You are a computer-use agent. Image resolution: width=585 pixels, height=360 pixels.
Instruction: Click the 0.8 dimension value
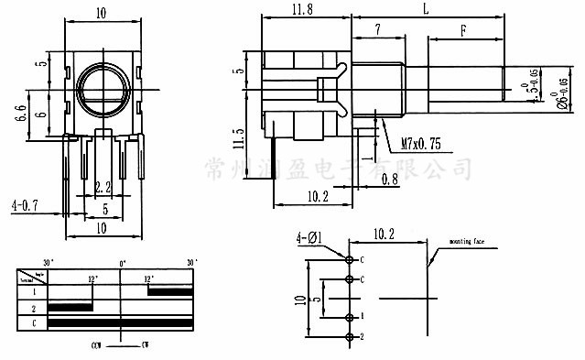389,180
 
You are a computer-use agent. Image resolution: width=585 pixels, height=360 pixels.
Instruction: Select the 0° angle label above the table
121,262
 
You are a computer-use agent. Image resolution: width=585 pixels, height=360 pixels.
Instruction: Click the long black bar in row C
120,323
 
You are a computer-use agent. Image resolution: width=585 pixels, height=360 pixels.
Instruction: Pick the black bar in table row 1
169,290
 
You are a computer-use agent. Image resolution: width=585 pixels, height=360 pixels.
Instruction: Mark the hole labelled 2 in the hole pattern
349,338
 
